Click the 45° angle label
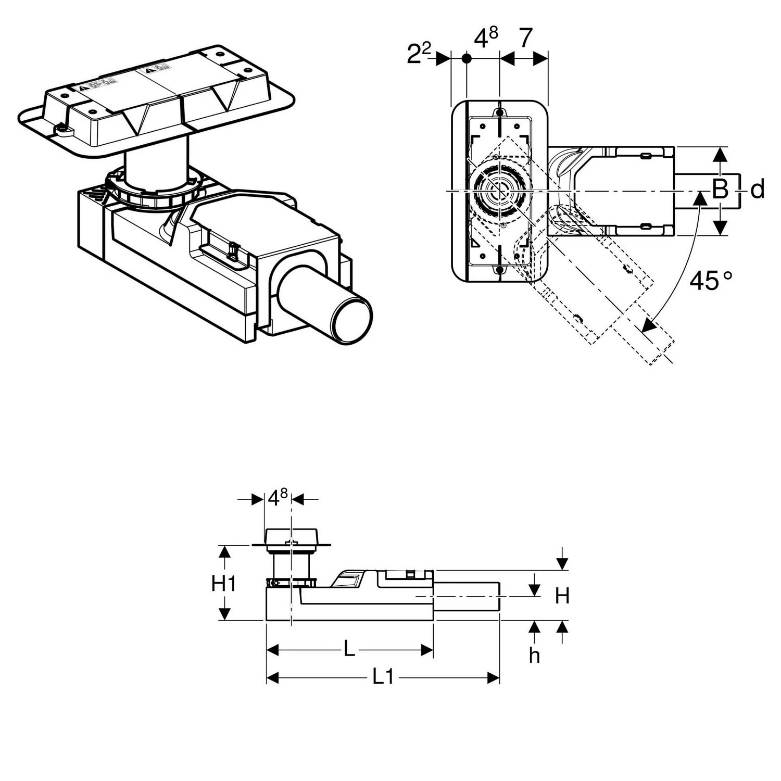[x=710, y=281]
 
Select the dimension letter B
[x=720, y=190]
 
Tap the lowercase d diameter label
[x=758, y=190]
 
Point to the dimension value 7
[x=526, y=39]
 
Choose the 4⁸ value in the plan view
[x=485, y=39]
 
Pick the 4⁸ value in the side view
[x=278, y=498]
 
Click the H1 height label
[x=224, y=584]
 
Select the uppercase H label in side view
[x=562, y=596]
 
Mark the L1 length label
[x=383, y=677]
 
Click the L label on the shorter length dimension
[x=349, y=649]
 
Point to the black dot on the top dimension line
[x=467, y=58]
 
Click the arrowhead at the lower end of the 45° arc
[x=648, y=325]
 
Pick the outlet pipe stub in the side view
[x=467, y=596]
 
